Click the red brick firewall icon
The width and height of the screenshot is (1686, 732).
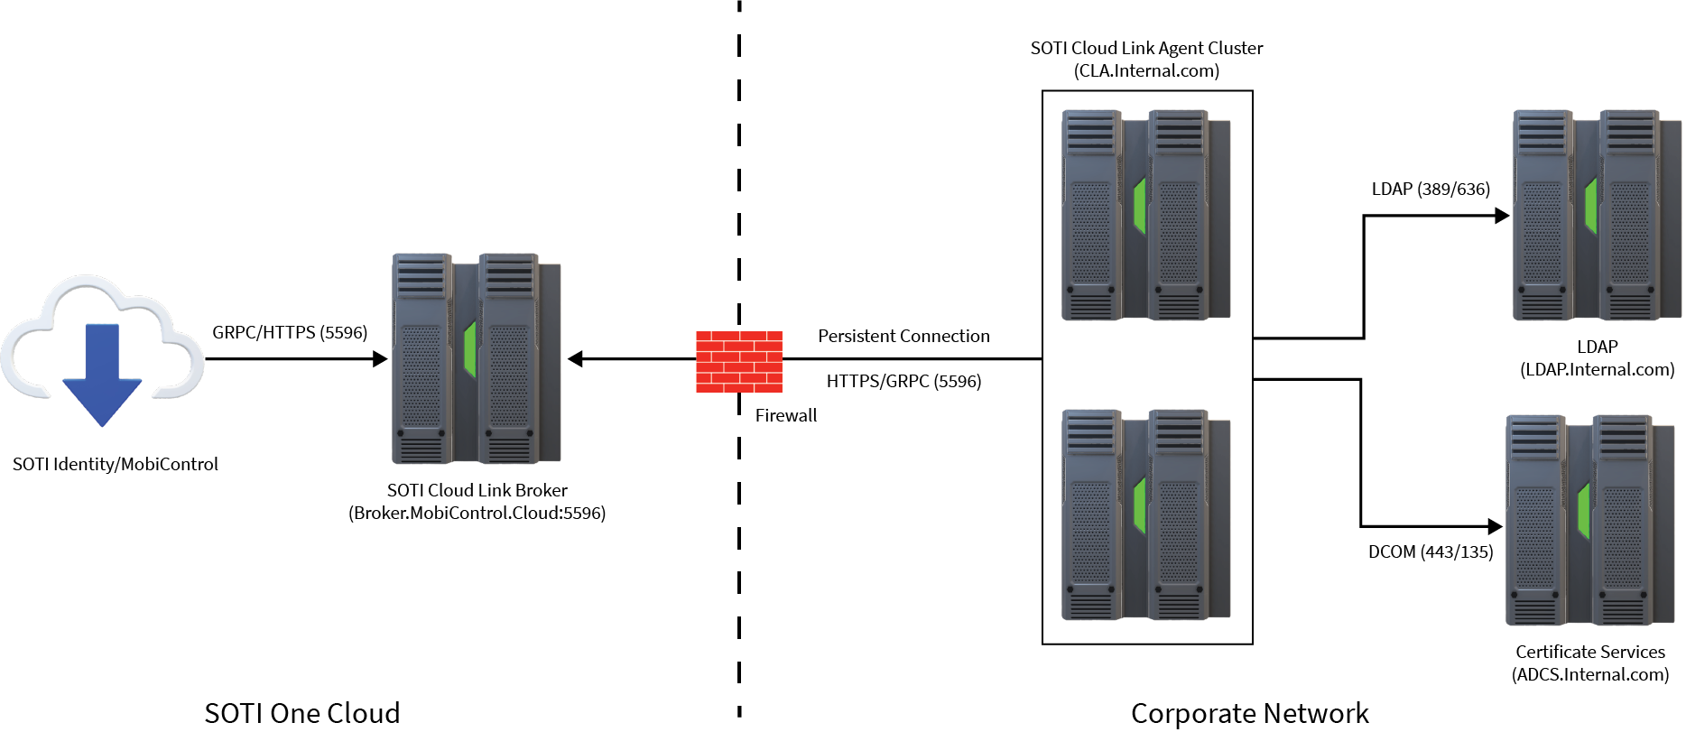click(738, 361)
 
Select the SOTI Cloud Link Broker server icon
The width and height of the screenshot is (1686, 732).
click(477, 358)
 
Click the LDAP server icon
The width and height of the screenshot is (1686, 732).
click(1596, 215)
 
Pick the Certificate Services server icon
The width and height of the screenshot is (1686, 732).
click(1589, 520)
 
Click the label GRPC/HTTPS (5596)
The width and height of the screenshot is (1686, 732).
click(290, 332)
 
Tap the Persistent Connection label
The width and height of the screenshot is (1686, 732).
click(903, 336)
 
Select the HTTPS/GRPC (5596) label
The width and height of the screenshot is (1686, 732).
click(903, 381)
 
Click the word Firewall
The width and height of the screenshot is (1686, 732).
click(786, 415)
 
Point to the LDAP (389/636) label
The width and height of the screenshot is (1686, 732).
click(1431, 189)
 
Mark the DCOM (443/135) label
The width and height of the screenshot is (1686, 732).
click(1431, 551)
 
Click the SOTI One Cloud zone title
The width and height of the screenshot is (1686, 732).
click(301, 713)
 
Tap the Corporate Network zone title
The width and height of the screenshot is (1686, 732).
click(1249, 713)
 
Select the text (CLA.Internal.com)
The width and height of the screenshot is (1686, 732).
click(1146, 70)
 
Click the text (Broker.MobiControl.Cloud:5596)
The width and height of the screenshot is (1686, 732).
click(477, 513)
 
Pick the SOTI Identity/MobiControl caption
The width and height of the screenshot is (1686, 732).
click(116, 464)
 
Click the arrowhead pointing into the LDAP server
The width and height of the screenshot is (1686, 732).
click(1502, 216)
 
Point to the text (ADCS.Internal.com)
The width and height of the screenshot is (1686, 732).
click(1590, 674)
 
